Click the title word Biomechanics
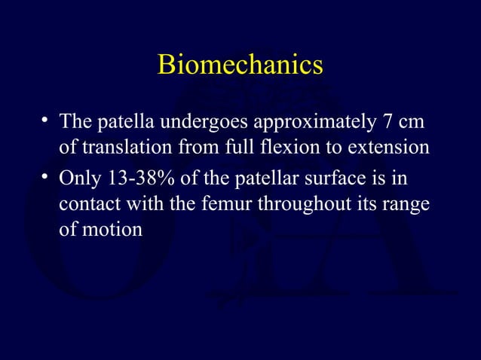click(240, 66)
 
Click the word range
click(407, 203)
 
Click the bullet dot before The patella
click(46, 119)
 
